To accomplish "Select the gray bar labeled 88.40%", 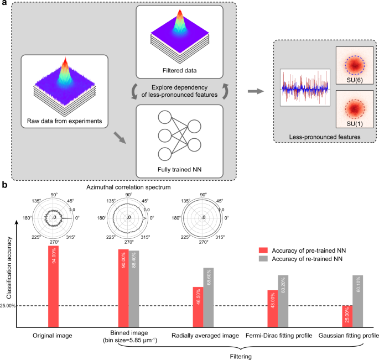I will (x=134, y=289).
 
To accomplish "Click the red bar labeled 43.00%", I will (x=272, y=309).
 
